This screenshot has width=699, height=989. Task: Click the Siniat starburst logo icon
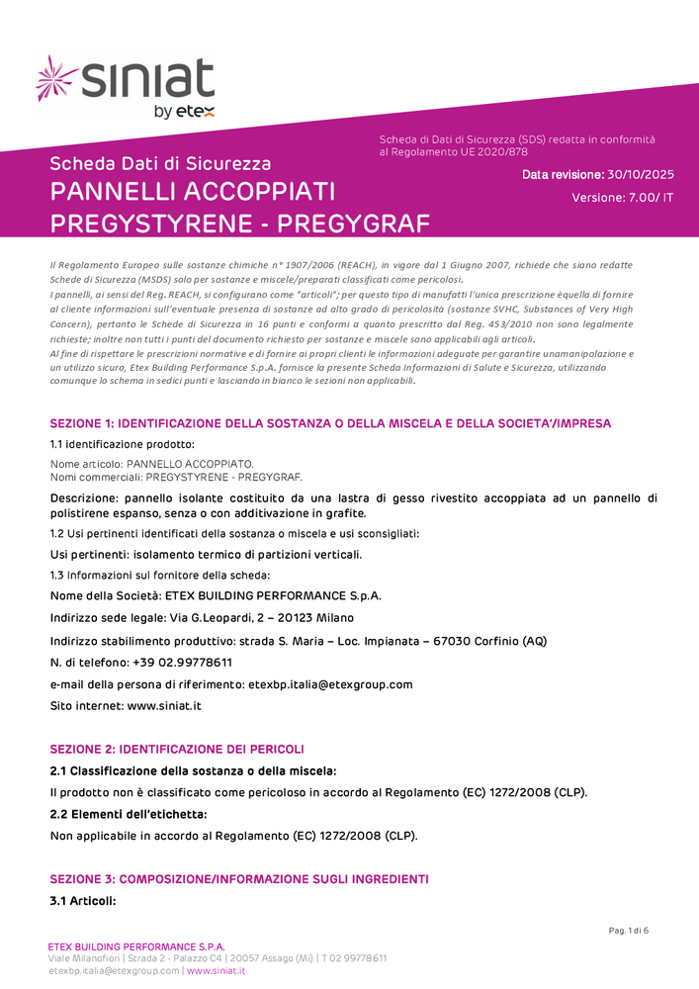click(x=55, y=79)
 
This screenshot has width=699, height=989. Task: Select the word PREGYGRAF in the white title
click(x=354, y=224)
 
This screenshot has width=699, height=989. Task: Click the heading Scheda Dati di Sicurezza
click(x=160, y=163)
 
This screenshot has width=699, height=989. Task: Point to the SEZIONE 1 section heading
click(x=330, y=423)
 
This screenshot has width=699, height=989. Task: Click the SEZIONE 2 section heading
click(x=177, y=749)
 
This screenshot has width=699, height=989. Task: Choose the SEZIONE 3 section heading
click(x=239, y=879)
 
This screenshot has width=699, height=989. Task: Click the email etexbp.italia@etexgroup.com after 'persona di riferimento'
click(x=329, y=684)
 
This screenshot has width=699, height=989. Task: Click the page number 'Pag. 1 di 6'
click(x=628, y=930)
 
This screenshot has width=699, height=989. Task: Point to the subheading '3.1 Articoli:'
click(x=83, y=901)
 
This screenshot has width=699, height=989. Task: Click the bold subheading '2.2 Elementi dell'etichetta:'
click(x=129, y=814)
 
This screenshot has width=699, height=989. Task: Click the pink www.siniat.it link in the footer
click(x=216, y=971)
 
